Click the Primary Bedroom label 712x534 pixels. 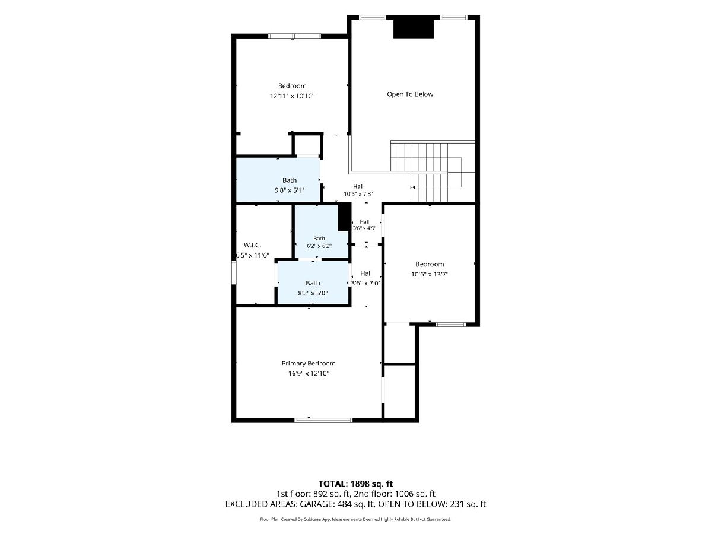point(308,364)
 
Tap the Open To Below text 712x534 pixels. point(410,94)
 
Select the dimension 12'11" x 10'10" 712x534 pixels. point(293,96)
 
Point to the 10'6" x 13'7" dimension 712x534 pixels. point(430,274)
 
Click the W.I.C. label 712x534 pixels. point(252,246)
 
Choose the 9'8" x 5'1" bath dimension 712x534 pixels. point(290,190)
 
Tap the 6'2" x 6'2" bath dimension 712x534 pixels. point(319,246)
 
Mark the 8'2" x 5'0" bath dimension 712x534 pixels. point(313,293)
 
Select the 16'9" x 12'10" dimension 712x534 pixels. point(309,374)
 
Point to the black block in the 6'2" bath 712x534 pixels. point(345,217)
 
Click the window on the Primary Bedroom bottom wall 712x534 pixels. point(323,421)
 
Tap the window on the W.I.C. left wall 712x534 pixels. point(234,273)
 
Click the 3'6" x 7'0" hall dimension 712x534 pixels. point(366,284)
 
